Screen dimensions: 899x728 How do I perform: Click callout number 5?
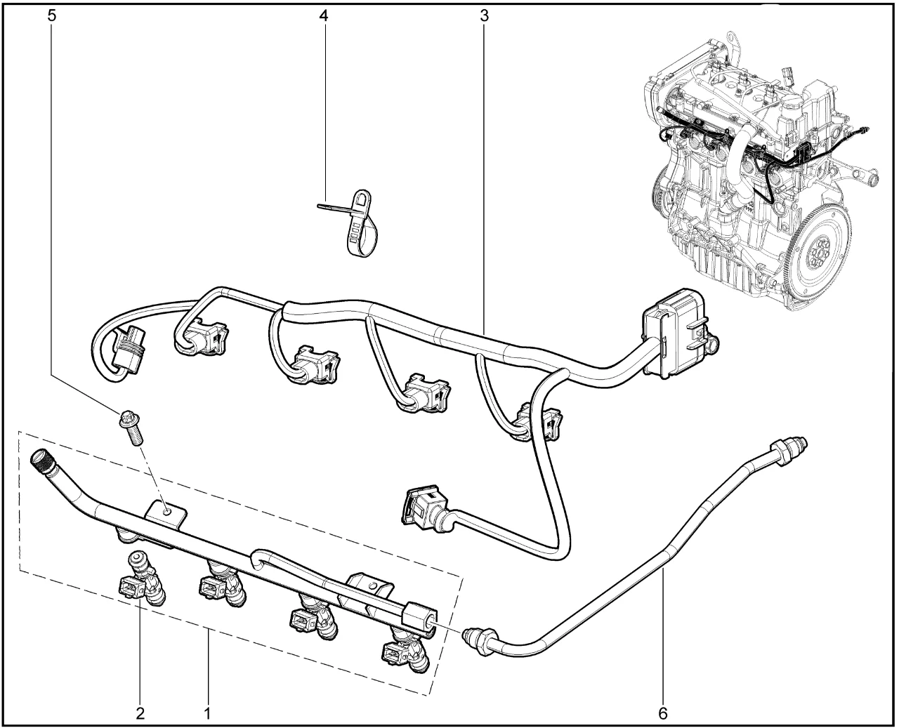point(52,15)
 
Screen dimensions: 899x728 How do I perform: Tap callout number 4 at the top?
point(323,15)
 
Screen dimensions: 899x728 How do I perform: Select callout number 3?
point(484,15)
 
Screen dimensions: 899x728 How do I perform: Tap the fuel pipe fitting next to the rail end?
point(482,648)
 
